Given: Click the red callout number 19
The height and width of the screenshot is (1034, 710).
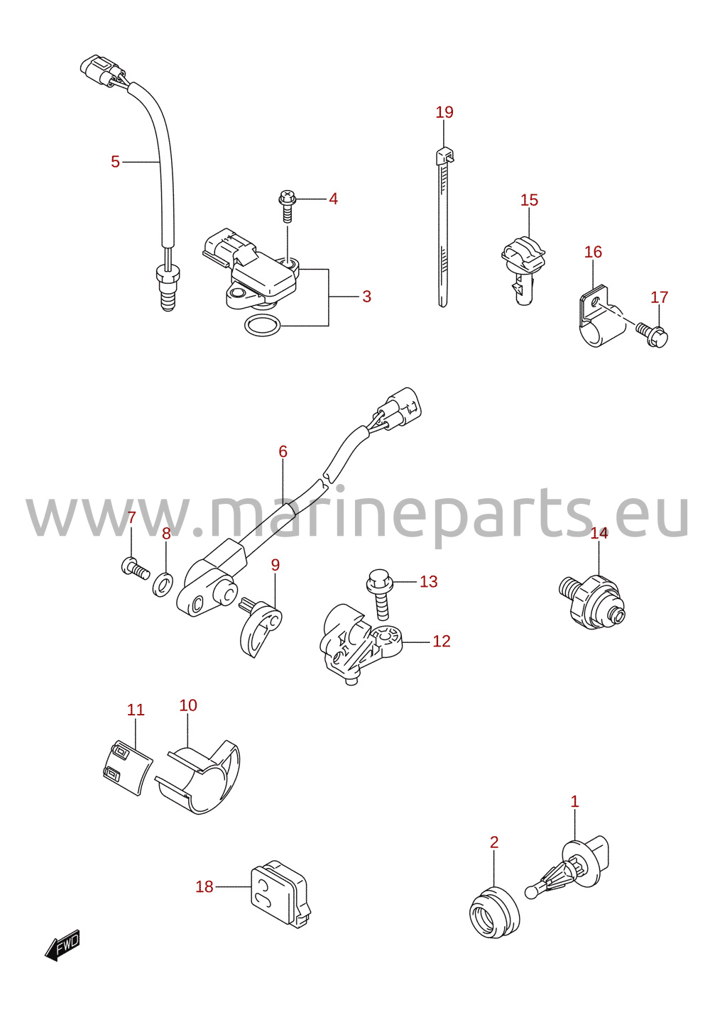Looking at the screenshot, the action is [x=444, y=112].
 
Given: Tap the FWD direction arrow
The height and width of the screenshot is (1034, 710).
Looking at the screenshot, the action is [x=62, y=945].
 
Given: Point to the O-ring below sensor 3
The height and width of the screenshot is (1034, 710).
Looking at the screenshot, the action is [x=262, y=326].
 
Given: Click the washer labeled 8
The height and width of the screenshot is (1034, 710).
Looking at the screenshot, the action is [x=163, y=584].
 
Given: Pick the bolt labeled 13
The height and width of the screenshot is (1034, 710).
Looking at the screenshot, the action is [x=380, y=593].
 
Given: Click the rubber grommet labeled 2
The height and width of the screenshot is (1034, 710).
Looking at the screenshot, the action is [x=494, y=913].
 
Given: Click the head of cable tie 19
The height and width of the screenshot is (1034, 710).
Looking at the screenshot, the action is [x=444, y=155].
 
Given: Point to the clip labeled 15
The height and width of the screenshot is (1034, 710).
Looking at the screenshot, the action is [x=523, y=270].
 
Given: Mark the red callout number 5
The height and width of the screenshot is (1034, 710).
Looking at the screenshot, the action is [x=115, y=162].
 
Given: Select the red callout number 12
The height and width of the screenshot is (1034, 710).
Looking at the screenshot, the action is [x=441, y=641].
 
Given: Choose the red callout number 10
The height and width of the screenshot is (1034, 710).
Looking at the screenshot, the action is [x=188, y=705].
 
